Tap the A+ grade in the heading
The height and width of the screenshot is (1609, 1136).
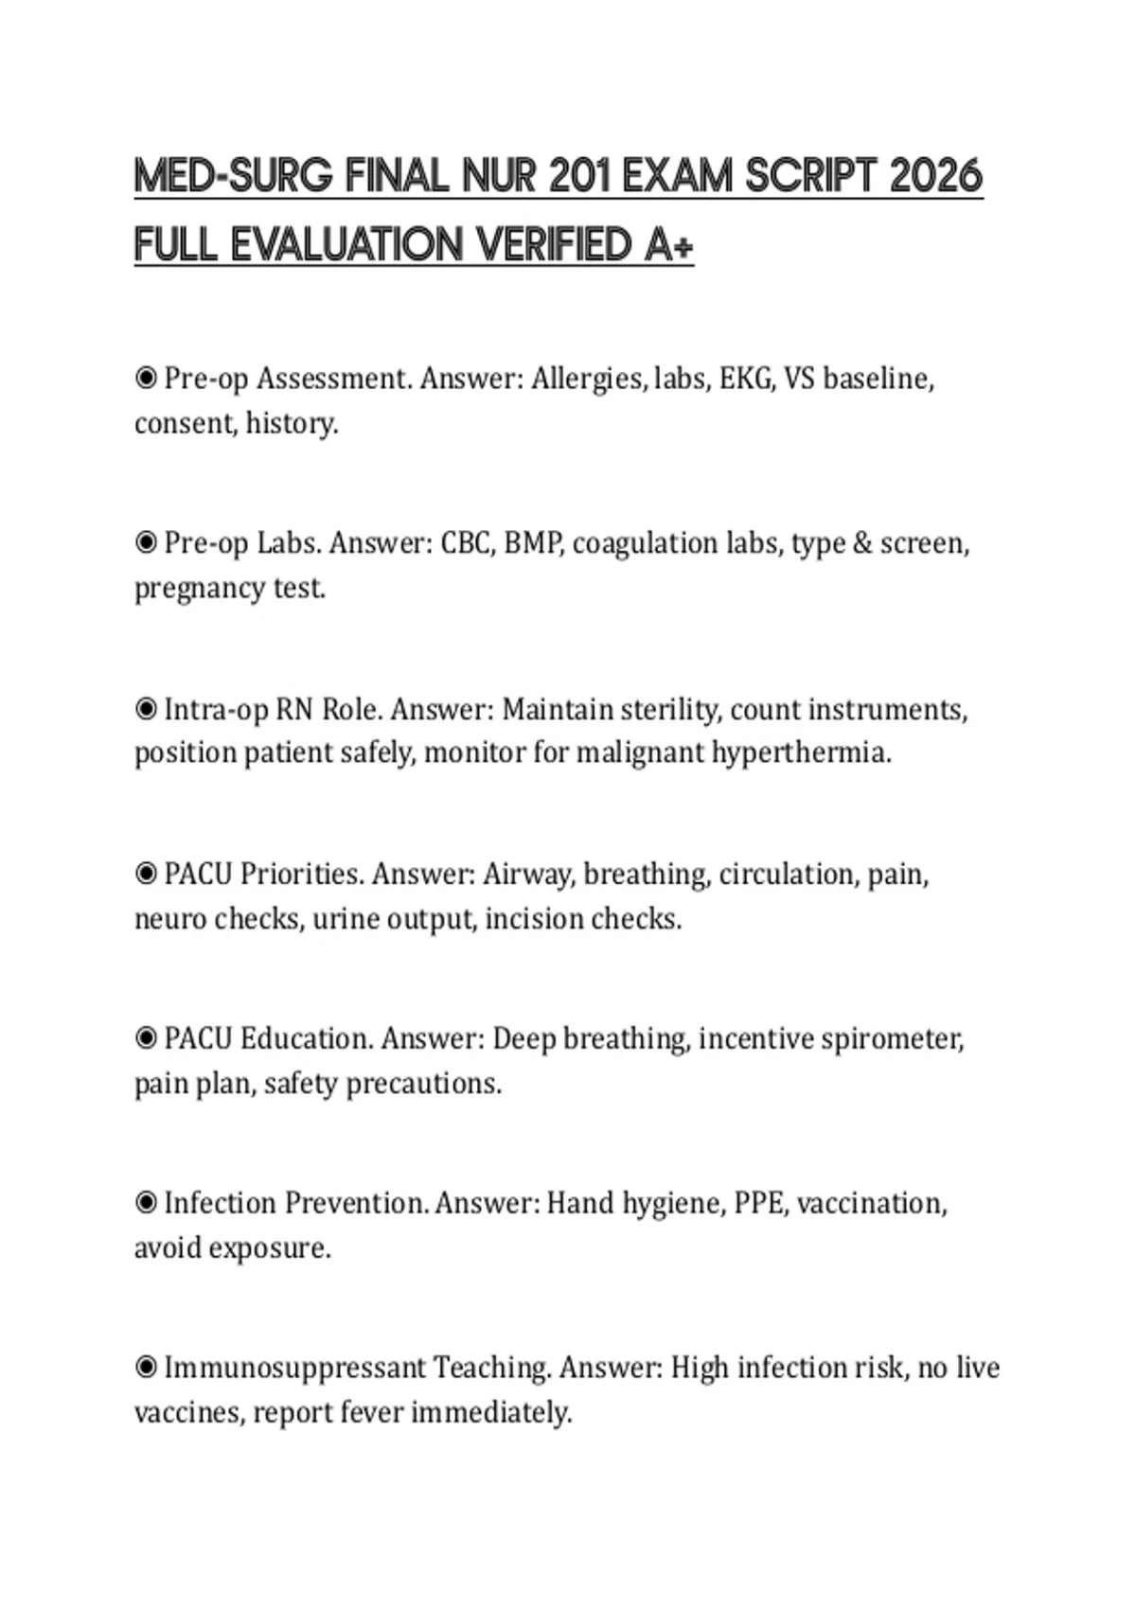click(x=669, y=245)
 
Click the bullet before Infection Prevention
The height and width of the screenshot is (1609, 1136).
click(x=146, y=1203)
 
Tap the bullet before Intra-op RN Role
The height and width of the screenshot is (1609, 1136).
click(x=146, y=709)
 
